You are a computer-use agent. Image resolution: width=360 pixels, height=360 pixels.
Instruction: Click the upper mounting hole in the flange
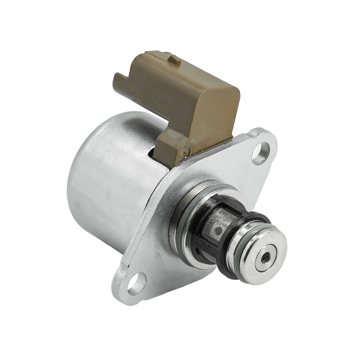[261, 153]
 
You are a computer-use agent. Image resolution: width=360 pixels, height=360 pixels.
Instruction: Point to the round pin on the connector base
[183, 153]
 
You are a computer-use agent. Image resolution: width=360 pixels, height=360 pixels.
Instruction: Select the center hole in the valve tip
[266, 257]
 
